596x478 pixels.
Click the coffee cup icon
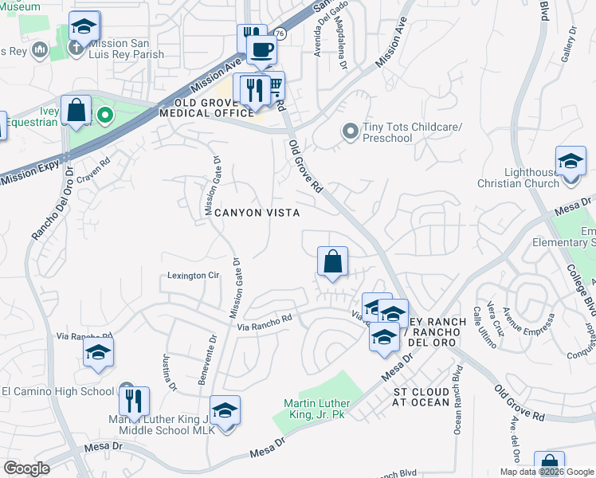click(261, 50)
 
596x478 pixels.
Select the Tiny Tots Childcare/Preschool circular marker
click(349, 131)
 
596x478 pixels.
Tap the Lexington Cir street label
click(193, 275)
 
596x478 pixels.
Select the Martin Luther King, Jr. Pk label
click(318, 408)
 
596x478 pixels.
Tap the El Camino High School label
click(57, 391)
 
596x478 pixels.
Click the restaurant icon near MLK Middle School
click(134, 402)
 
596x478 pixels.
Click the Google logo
click(26, 468)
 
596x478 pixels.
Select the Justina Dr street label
click(168, 371)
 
